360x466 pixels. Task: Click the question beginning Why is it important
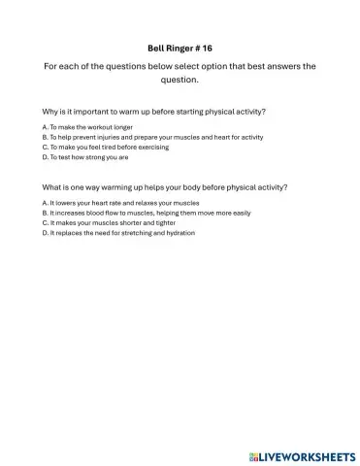(x=154, y=111)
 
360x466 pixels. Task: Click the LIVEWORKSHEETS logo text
(x=308, y=454)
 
